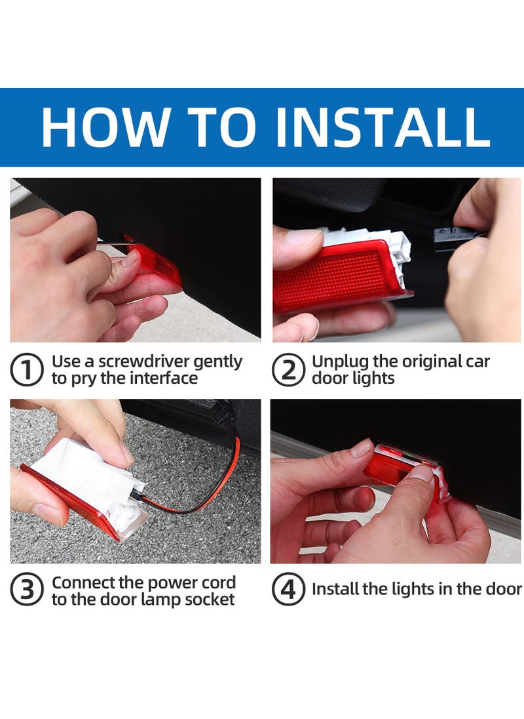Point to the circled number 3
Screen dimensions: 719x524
tap(27, 591)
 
